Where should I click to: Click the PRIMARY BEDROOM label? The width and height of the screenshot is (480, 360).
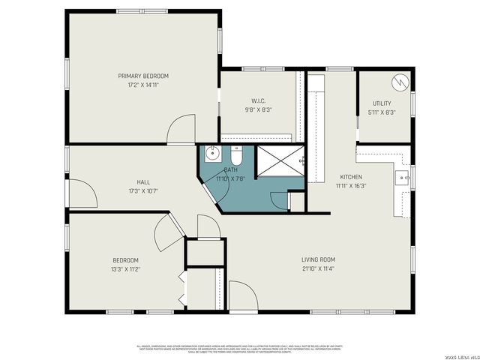click(142, 76)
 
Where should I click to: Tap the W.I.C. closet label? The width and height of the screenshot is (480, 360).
click(257, 100)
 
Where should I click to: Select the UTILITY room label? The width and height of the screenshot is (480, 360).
click(382, 103)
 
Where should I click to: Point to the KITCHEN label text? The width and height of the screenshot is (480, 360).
click(351, 177)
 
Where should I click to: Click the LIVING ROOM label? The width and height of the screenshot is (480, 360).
click(319, 259)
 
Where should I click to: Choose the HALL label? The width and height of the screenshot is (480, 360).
click(142, 182)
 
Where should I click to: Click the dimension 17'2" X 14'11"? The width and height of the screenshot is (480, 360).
click(142, 85)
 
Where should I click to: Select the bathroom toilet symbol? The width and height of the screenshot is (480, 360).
click(235, 157)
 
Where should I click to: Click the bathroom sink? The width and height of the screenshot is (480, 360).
click(211, 155)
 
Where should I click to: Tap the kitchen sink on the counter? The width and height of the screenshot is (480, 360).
click(402, 178)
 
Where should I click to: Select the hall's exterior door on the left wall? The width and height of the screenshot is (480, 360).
click(82, 194)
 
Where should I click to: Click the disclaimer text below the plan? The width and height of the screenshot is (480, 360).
click(238, 348)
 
